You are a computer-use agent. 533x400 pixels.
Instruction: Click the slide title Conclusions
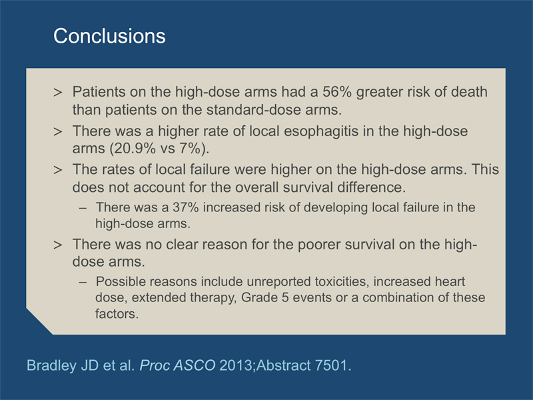point(109,36)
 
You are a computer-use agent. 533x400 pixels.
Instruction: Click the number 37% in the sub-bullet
point(186,207)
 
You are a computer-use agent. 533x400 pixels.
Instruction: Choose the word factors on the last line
point(117,313)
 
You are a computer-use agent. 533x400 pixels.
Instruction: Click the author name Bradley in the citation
point(51,365)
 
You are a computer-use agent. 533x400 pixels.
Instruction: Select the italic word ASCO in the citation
point(194,365)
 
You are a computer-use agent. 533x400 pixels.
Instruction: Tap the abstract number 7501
point(332,365)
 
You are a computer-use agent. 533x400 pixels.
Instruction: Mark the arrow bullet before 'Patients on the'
point(58,92)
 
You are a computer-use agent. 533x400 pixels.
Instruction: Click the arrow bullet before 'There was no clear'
point(58,245)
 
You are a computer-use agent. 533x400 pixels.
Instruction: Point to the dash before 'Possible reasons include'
point(83,282)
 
